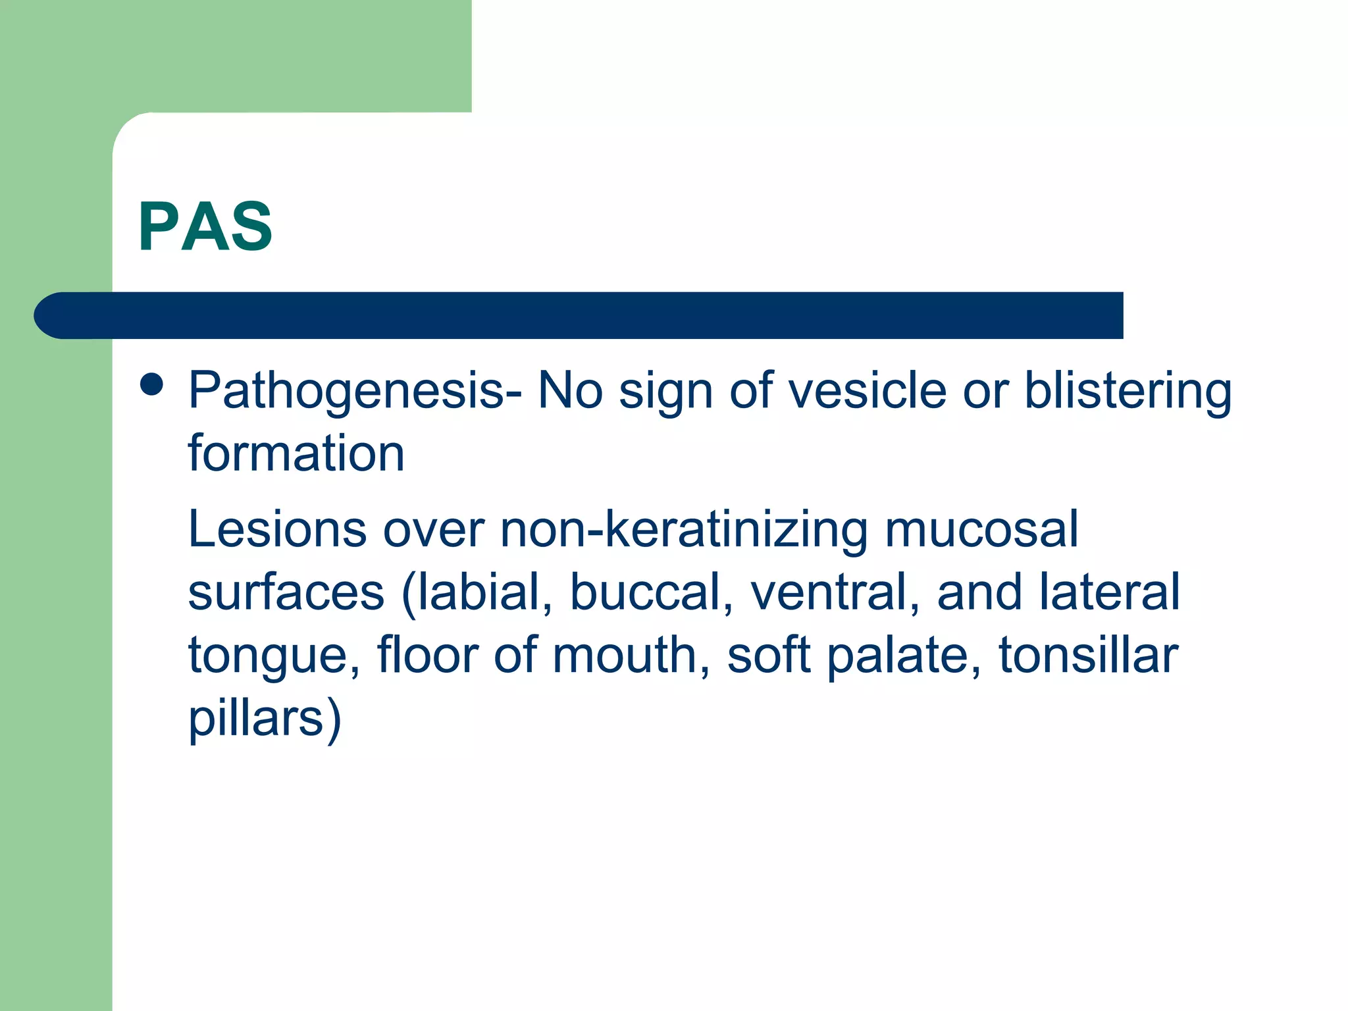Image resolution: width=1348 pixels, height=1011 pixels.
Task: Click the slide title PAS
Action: point(205,227)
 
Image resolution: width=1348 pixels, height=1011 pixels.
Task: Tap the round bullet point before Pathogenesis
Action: point(152,385)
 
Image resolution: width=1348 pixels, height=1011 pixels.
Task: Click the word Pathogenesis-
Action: point(355,392)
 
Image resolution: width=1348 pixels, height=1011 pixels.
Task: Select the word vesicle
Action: point(868,390)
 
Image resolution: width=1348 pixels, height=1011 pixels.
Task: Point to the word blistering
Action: point(1128,390)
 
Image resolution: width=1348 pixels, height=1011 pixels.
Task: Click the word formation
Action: point(296,454)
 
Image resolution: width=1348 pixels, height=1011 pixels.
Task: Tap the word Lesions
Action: point(277,529)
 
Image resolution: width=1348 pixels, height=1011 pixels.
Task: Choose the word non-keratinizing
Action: point(684,531)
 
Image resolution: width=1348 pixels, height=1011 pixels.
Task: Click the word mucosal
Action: point(981,529)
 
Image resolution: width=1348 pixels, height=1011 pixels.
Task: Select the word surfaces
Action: point(286,592)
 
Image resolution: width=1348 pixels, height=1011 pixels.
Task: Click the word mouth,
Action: point(632,656)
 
